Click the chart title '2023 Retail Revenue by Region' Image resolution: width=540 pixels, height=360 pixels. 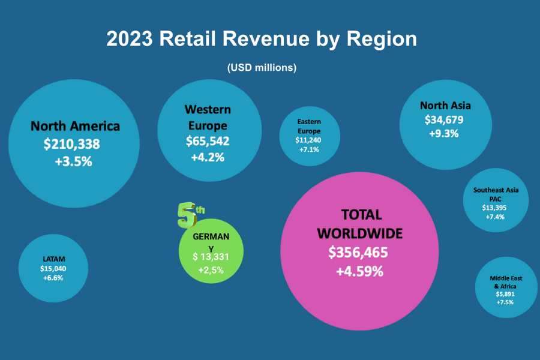(262, 38)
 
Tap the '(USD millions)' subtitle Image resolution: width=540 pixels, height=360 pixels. (262, 68)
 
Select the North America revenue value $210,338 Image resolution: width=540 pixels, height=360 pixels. (71, 144)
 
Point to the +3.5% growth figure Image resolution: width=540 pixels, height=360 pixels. (74, 161)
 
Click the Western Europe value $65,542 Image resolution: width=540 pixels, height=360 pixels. (208, 141)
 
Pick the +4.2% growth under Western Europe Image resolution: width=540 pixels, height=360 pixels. (208, 157)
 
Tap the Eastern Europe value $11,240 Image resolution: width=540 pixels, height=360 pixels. (308, 140)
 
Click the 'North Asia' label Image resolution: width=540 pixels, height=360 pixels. (445, 106)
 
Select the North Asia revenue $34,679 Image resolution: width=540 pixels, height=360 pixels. (444, 120)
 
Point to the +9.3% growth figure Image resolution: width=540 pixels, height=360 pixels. (444, 133)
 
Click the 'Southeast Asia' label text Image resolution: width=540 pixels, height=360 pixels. (496, 190)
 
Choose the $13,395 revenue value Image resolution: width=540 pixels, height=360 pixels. (494, 208)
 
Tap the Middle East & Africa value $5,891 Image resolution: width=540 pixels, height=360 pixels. (505, 294)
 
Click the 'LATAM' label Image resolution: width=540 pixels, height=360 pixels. (54, 259)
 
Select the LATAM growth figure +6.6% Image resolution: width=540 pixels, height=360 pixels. (53, 278)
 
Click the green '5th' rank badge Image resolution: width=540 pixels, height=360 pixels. (190, 215)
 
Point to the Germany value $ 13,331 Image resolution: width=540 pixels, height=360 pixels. (211, 257)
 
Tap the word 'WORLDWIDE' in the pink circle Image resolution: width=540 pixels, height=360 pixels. (360, 233)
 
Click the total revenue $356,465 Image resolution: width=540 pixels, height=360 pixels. (358, 253)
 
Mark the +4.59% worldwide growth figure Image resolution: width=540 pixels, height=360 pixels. (359, 271)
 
